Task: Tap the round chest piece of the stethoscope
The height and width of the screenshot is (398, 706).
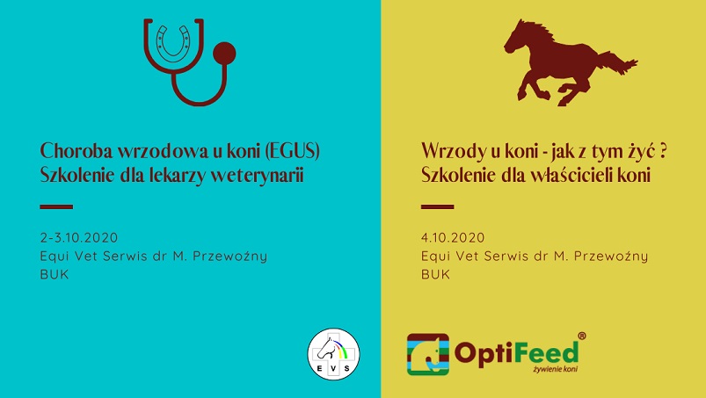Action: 224,54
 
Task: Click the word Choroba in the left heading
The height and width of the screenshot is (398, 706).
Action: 76,151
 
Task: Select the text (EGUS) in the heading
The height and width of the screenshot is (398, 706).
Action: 293,151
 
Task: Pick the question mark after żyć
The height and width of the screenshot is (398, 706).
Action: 662,151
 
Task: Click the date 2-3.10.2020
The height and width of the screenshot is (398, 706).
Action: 79,237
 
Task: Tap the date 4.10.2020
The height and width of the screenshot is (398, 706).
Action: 453,237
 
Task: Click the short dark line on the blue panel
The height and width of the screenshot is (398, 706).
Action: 56,206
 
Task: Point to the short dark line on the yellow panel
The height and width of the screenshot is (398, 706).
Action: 437,206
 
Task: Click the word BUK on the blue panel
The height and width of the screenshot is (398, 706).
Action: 55,274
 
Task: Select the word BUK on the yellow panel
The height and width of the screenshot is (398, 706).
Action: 435,274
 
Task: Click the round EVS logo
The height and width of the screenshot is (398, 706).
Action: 333,354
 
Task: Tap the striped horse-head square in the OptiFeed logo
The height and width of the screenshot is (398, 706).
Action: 428,354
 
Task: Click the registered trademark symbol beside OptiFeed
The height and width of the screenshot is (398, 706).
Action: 582,336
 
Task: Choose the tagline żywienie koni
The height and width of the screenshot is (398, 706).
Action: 555,369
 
